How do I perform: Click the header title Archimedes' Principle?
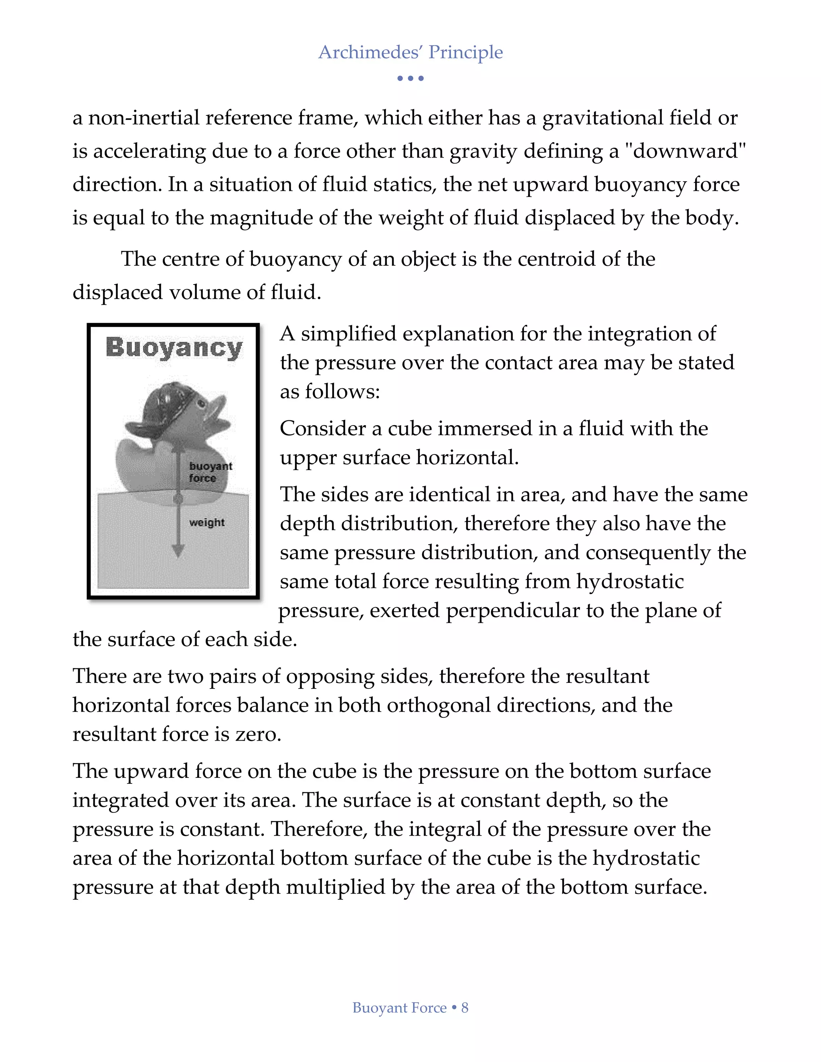click(410, 52)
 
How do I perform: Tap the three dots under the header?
click(410, 78)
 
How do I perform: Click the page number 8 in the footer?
click(465, 1007)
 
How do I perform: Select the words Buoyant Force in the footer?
click(399, 1007)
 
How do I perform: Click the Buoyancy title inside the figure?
click(174, 348)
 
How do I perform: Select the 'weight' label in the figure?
click(207, 522)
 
